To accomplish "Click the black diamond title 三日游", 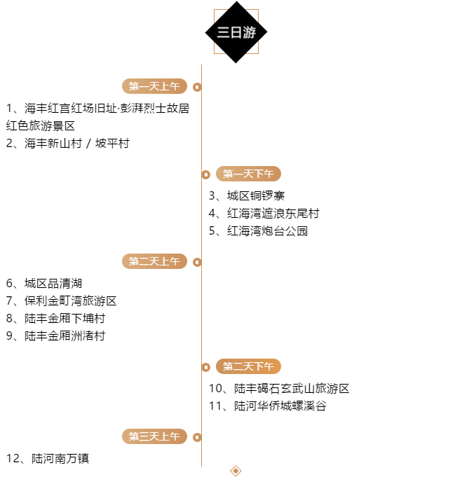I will [x=236, y=32].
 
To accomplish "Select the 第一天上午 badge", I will [x=154, y=86].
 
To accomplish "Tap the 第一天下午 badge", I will [x=248, y=174].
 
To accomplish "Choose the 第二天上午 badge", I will [x=154, y=261].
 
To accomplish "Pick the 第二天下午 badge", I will [x=248, y=366].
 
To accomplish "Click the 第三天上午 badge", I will [x=154, y=436].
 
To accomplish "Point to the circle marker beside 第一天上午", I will [x=197, y=87].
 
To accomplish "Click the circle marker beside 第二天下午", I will [x=206, y=367].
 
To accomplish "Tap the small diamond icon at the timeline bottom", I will [x=236, y=471].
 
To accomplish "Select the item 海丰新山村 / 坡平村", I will [x=68, y=144].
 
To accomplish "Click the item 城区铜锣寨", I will [x=247, y=196].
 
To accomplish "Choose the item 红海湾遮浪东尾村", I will [x=264, y=214].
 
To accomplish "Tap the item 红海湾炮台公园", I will [x=258, y=231].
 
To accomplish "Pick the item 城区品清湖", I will [x=44, y=284].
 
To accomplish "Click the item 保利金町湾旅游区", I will [x=62, y=301].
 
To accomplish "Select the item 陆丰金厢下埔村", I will [x=56, y=319].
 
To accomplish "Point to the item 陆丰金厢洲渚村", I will [x=56, y=336].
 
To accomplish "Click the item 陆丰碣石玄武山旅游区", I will [x=279, y=389].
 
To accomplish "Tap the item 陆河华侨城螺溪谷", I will [x=268, y=406].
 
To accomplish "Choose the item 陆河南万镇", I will [x=48, y=459].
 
